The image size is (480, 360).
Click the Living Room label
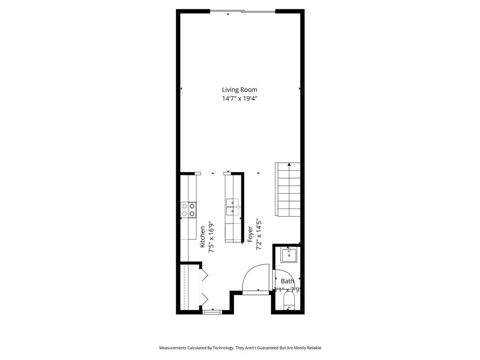[240, 90]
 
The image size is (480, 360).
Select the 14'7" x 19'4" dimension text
[240, 98]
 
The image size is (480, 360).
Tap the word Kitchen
[202, 237]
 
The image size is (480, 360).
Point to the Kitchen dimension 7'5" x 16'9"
[211, 237]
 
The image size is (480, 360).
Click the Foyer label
[250, 235]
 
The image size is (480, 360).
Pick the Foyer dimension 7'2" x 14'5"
[259, 235]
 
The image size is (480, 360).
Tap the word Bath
[287, 281]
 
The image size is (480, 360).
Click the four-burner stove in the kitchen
[188, 210]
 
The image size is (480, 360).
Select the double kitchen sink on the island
[233, 207]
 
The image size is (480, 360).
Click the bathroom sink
[289, 255]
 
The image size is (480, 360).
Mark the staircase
[288, 189]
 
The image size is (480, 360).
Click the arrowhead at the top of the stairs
[290, 165]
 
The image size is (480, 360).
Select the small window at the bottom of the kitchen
[212, 311]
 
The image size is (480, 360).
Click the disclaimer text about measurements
[240, 348]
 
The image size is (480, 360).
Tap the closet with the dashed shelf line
[186, 287]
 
